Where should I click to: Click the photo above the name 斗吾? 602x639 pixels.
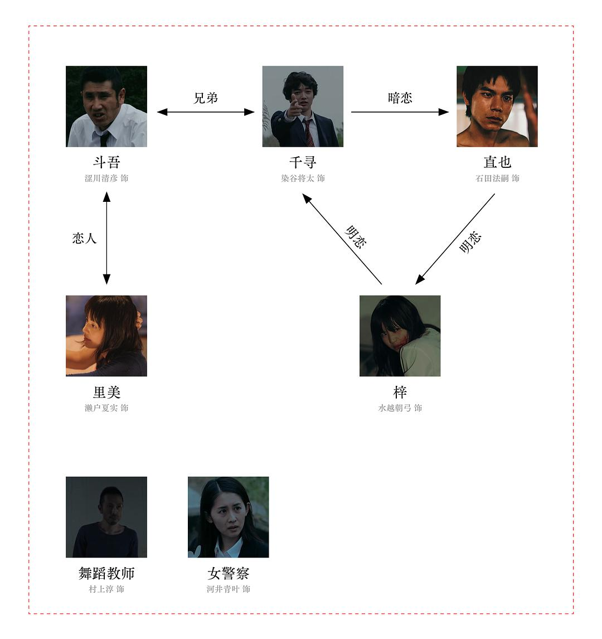pos(106,106)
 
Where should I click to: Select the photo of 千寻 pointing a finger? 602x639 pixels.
pos(303,106)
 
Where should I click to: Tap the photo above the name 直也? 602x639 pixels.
pos(497,106)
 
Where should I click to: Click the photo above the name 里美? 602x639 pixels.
pos(106,336)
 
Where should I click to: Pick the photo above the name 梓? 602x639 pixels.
pos(400,336)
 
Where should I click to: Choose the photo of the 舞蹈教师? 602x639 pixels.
pos(106,517)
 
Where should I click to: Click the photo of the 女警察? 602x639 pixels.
pos(228,517)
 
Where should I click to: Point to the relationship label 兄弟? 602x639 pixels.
pos(206,98)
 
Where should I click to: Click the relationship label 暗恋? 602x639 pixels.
pos(400,98)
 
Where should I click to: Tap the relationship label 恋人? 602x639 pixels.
pos(84,239)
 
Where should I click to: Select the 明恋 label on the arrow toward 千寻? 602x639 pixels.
pos(356,237)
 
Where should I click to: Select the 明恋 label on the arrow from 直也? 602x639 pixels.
pos(470,243)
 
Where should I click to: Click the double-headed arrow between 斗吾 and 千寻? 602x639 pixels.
pos(206,112)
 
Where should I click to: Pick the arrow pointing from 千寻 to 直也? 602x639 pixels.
pos(400,112)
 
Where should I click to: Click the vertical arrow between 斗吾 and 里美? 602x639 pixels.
pos(106,238)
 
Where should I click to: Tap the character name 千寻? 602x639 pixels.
pos(303,162)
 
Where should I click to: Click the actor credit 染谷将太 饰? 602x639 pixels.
pos(303,178)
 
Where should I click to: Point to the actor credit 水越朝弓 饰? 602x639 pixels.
pos(400,408)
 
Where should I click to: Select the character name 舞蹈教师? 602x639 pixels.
pos(106,573)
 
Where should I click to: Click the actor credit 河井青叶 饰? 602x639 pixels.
pos(228,589)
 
